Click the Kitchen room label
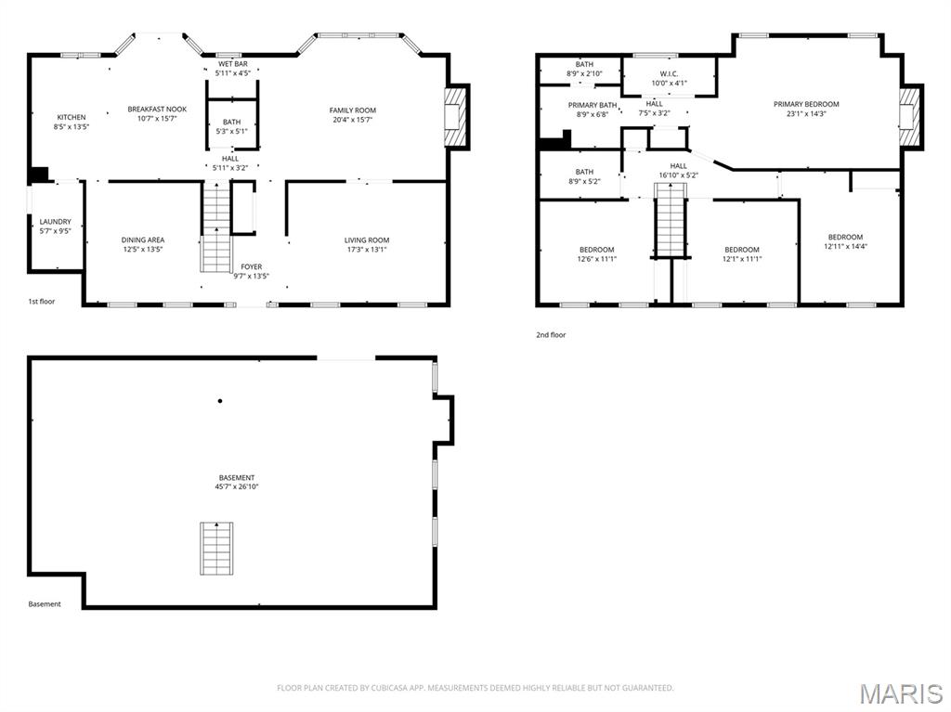pos(71,117)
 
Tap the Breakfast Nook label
pos(157,110)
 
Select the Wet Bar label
pos(232,63)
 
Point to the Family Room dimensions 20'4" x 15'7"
pos(352,120)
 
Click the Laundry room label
pos(55,222)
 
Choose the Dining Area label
pos(142,239)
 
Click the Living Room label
pos(367,239)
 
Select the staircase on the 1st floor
pos(216,227)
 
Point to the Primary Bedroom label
pos(805,104)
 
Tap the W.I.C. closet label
pos(669,73)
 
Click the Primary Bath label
pos(593,105)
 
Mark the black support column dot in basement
pos(220,401)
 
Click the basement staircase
pos(217,549)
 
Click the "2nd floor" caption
pos(550,335)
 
